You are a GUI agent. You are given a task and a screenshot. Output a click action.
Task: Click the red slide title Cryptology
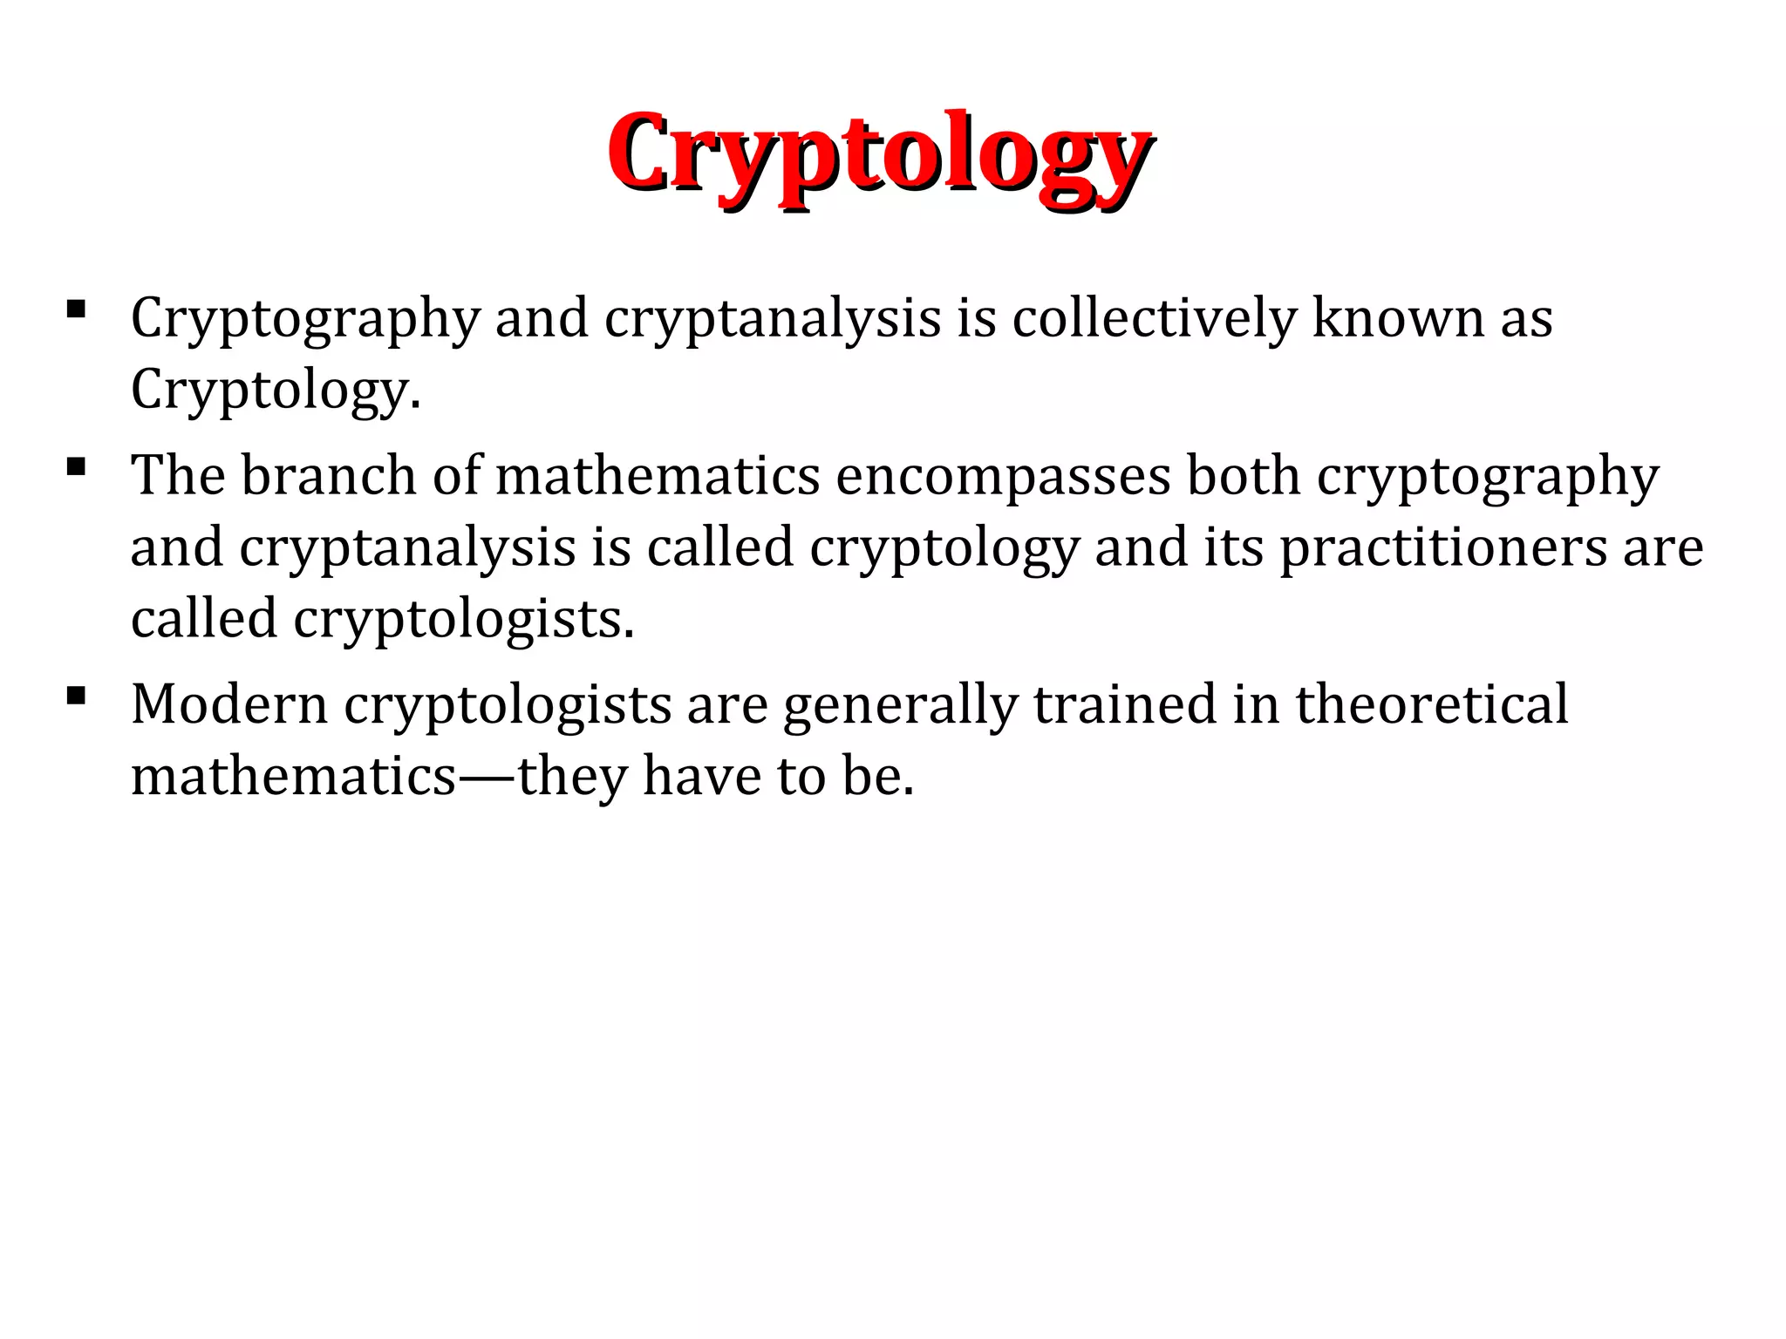[879, 155]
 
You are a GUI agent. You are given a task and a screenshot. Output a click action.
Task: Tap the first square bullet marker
[75, 309]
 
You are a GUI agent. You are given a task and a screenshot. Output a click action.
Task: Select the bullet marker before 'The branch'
[75, 466]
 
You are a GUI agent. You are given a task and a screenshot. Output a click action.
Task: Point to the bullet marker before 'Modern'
[75, 695]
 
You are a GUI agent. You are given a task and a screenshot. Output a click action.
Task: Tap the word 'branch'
[329, 476]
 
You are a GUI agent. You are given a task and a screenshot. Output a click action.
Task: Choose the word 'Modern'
[229, 704]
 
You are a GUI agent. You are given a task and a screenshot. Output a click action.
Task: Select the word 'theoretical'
[1432, 704]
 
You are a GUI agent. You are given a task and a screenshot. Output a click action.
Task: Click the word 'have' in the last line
[701, 776]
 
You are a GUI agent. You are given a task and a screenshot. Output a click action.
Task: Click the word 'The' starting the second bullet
[178, 476]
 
